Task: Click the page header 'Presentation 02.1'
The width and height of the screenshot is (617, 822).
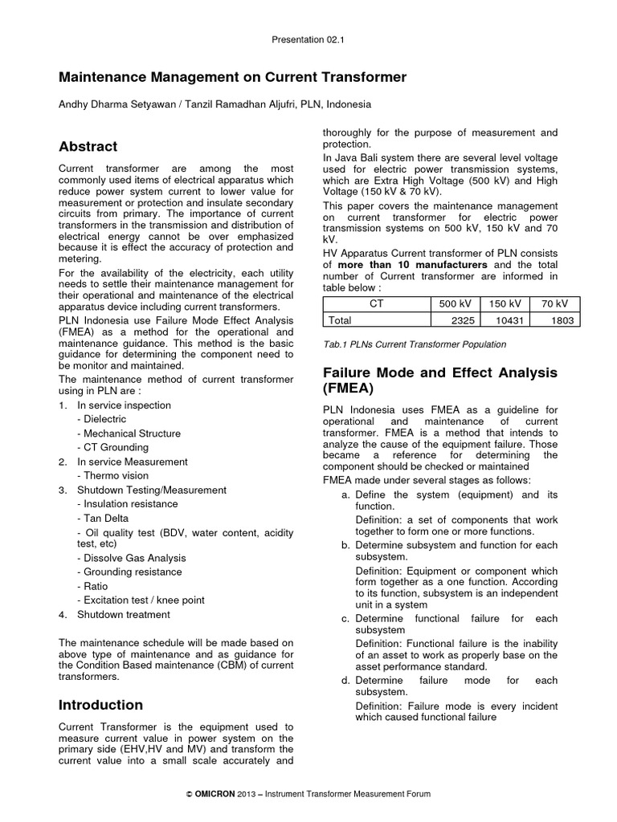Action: (x=308, y=38)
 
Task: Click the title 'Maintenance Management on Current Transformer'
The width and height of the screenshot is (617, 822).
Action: (x=233, y=77)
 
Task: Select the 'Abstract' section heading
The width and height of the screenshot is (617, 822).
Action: (x=88, y=146)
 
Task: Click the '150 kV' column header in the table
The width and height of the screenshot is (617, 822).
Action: (x=505, y=303)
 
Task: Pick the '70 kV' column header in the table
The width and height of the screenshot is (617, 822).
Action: (x=555, y=303)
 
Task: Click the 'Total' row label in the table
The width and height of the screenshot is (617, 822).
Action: (x=341, y=320)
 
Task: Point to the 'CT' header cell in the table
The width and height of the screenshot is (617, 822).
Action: (x=375, y=303)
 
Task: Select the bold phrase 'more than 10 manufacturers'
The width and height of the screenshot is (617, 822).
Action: (x=412, y=264)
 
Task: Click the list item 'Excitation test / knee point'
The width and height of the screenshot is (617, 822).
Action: (x=141, y=600)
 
